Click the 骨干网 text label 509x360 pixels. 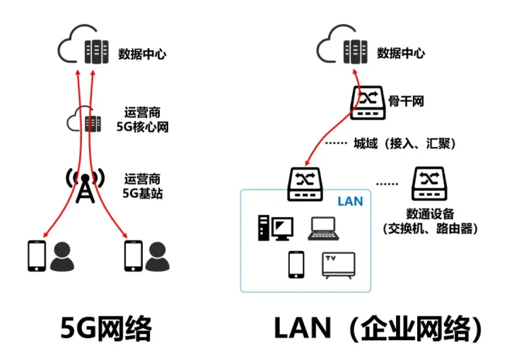coord(406,101)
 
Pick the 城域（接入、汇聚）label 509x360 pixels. coord(404,144)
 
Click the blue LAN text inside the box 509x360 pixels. coord(349,202)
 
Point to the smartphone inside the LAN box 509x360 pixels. coord(296,265)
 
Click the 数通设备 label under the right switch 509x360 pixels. coord(429,221)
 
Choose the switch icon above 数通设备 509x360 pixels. coord(428,183)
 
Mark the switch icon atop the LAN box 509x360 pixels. coord(306,182)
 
